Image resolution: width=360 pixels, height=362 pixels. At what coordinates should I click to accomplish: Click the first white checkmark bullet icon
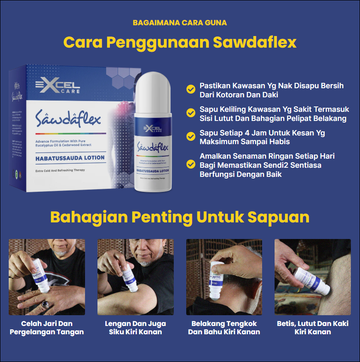pos(190,87)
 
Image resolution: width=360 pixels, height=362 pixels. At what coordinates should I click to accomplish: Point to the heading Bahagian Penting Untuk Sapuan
pos(179,216)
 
